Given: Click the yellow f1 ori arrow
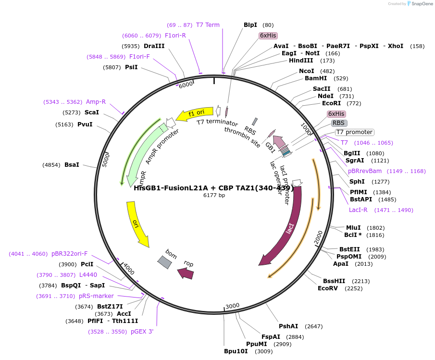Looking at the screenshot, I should (194, 114).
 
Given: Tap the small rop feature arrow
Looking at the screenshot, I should (186, 273).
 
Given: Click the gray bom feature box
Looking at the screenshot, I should (164, 262).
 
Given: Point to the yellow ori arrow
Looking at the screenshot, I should (137, 223).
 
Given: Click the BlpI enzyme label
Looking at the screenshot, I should (250, 25).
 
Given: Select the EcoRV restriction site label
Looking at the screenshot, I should (327, 288).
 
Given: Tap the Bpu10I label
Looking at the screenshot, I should (236, 351).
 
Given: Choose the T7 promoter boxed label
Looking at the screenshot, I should (354, 132).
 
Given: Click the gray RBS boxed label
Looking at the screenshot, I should (339, 123).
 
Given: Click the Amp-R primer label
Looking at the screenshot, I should (96, 102).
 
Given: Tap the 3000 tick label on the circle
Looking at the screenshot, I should (232, 306).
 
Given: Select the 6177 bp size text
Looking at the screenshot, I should (214, 195).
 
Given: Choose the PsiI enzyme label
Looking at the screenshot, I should (131, 67).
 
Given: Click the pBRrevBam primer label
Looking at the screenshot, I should (365, 171).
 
